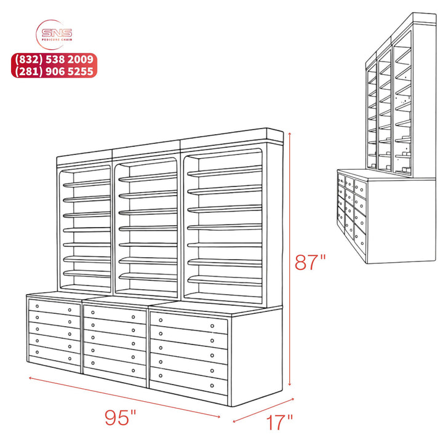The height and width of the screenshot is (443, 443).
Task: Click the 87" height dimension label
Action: pyautogui.click(x=309, y=262)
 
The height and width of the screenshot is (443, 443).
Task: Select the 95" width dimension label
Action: pyautogui.click(x=121, y=417)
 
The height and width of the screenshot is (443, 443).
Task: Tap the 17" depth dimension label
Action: pyautogui.click(x=279, y=422)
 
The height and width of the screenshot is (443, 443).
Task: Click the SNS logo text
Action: pyautogui.click(x=57, y=33)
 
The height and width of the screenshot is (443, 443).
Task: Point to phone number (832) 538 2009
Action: pyautogui.click(x=54, y=59)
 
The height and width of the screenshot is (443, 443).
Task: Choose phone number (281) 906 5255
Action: pyautogui.click(x=54, y=71)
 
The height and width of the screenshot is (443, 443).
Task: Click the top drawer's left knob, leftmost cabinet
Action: pyautogui.click(x=37, y=306)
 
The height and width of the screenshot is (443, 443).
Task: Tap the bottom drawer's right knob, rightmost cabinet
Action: pyautogui.click(x=212, y=386)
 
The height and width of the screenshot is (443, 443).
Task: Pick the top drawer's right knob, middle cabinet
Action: pyautogui.click(x=133, y=317)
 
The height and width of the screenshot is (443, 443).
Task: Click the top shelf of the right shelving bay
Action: pyautogui.click(x=225, y=171)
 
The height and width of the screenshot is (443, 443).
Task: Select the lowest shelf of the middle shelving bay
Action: pyautogui.click(x=148, y=277)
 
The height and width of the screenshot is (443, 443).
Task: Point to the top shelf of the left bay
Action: pyautogui.click(x=87, y=183)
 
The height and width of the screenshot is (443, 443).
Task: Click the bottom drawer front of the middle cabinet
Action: pyautogui.click(x=114, y=367)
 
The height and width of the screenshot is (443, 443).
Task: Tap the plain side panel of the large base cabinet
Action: pyautogui.click(x=257, y=356)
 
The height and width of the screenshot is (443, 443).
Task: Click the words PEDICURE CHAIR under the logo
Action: pyautogui.click(x=57, y=39)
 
